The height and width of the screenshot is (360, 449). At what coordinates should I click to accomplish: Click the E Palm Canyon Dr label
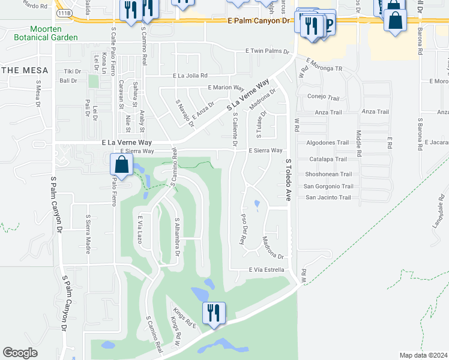click(258, 20)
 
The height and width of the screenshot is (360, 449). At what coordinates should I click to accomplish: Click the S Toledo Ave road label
click(288, 179)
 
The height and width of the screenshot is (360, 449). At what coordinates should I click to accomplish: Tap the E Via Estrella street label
click(267, 270)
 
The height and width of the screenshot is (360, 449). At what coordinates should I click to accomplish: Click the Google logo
click(19, 353)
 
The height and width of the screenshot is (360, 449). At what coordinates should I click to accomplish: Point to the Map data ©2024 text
click(424, 355)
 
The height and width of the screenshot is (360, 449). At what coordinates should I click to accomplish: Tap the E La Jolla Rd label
click(190, 76)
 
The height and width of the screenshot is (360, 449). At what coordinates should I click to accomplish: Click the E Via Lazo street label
click(139, 229)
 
